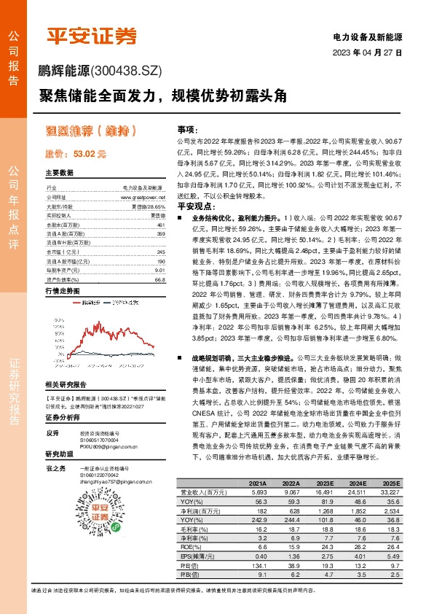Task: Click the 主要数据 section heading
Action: tap(60, 173)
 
